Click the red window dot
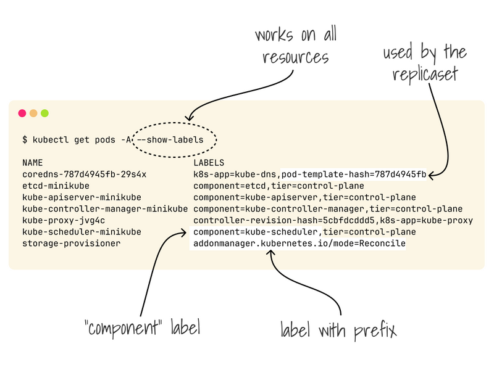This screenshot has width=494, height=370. [22, 113]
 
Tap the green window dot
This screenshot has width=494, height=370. [44, 113]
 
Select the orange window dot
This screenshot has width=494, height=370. [33, 113]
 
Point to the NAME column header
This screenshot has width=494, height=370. [32, 163]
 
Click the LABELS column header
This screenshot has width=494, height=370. [209, 163]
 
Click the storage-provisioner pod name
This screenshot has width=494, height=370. [71, 244]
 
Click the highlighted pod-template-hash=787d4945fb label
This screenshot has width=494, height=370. [353, 175]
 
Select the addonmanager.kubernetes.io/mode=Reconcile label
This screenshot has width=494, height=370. [299, 244]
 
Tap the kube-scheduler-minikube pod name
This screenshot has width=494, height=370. [82, 232]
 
